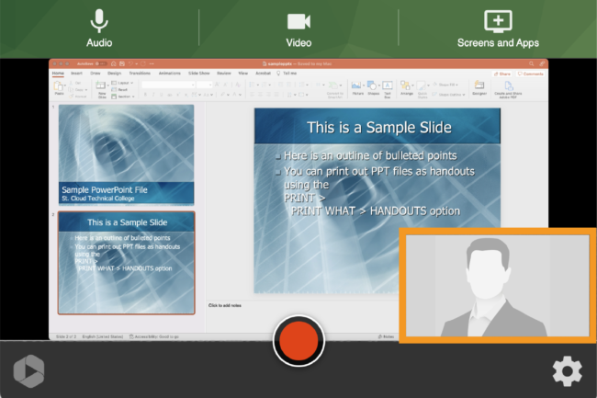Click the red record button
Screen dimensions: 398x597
[298, 341]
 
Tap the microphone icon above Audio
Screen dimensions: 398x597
[99, 21]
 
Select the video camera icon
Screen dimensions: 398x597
[298, 21]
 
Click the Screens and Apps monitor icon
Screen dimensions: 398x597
[498, 21]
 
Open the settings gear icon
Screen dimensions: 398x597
[567, 370]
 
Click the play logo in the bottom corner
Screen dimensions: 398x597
[28, 370]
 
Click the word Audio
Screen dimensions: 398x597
[99, 42]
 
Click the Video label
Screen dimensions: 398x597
[298, 42]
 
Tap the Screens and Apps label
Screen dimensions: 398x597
[498, 42]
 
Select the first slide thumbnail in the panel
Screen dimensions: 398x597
[126, 154]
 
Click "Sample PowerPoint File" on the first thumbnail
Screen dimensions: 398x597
[104, 189]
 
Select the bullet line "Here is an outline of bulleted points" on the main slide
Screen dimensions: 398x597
[370, 155]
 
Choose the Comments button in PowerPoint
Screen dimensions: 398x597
[534, 73]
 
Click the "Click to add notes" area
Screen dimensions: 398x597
[226, 305]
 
